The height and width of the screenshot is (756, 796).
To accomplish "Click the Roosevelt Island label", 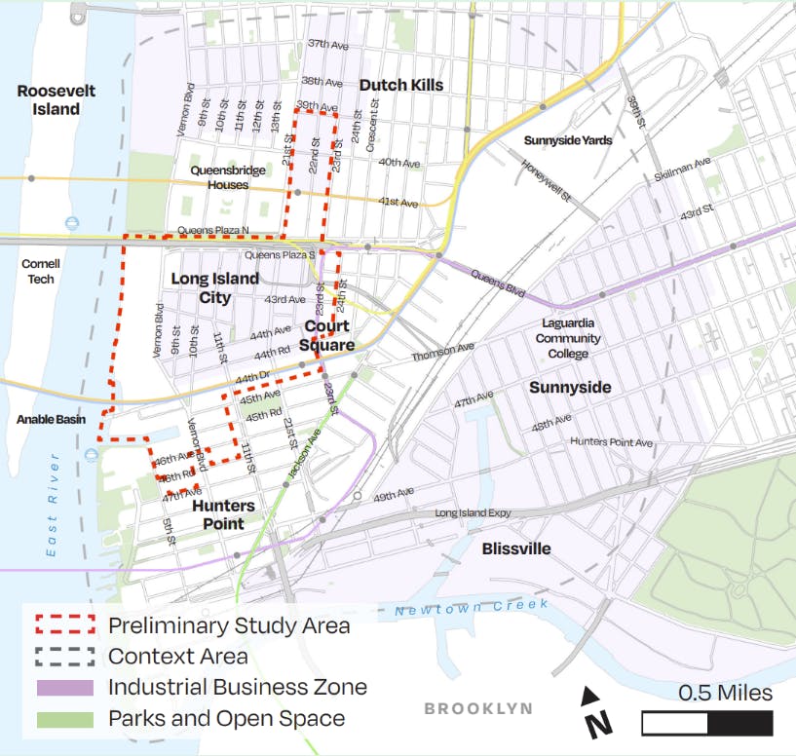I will (57, 99).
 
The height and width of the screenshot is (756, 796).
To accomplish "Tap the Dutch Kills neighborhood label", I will (401, 85).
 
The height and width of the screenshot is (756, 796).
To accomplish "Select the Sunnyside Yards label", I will (568, 140).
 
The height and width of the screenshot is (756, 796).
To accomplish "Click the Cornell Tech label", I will (40, 272).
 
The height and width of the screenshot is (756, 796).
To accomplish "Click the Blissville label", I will (516, 548).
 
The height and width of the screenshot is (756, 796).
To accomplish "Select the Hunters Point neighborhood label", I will (223, 514).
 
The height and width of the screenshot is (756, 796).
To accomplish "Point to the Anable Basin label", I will (51, 420).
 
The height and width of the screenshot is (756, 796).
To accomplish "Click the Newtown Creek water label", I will (472, 608).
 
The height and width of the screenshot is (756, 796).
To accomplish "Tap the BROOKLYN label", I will (478, 709).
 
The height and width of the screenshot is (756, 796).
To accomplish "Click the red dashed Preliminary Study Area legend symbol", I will (65, 625).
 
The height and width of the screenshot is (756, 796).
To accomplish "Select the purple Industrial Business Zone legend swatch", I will (65, 688).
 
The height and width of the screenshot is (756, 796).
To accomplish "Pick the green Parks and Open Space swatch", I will (65, 720).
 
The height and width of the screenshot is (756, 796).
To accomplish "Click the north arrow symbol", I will (596, 711).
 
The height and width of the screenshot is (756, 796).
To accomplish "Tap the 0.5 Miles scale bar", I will (706, 722).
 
